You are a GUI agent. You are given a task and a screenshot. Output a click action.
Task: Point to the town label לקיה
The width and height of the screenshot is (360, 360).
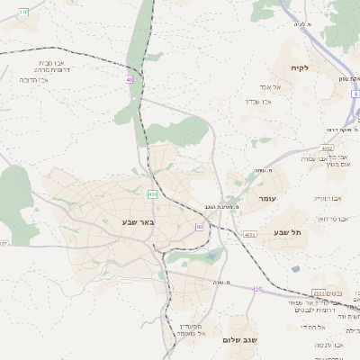click(x=300, y=67)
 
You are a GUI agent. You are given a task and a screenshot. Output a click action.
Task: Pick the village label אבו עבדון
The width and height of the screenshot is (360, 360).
click(x=258, y=101)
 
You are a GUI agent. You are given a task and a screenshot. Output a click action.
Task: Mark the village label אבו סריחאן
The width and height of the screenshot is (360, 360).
click(x=330, y=219)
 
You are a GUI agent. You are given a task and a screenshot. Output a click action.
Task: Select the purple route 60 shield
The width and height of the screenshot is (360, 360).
click(x=199, y=227)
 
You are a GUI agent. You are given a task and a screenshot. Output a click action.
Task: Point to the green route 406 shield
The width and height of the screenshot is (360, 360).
click(x=153, y=193)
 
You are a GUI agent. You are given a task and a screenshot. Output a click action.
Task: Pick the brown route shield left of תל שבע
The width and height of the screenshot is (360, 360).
click(x=249, y=234)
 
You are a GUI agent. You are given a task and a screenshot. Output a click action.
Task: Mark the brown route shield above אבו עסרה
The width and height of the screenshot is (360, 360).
click(x=326, y=148)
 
